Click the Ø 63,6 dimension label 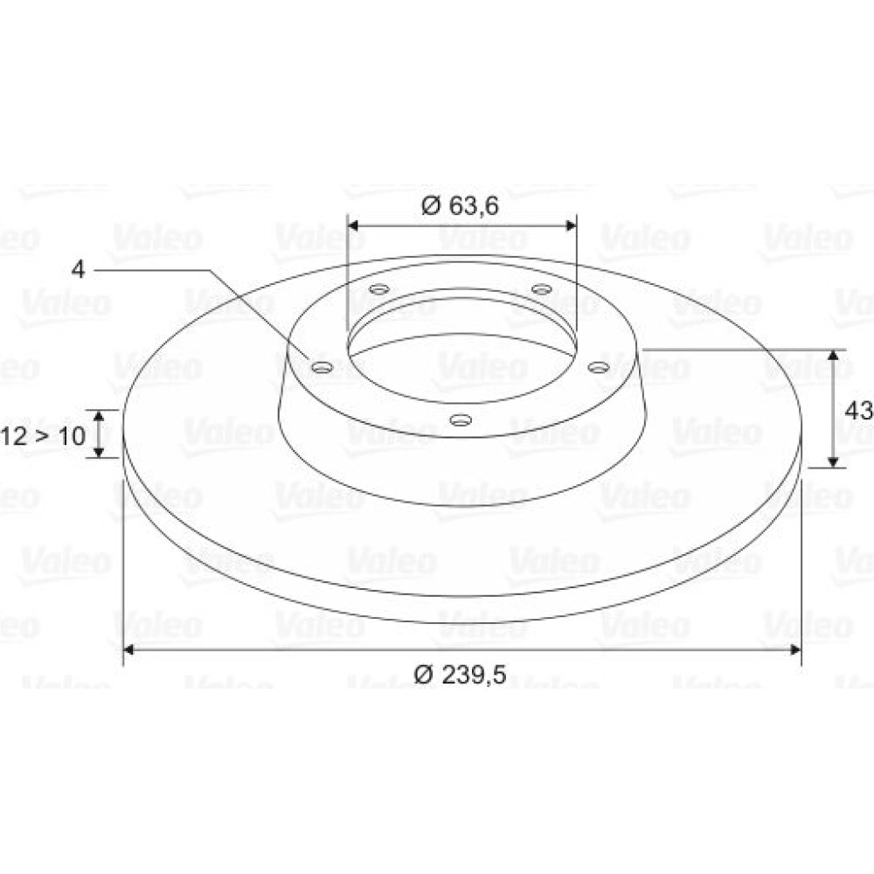pos(460,205)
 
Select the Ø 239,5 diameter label pos(460,675)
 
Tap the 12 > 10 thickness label pos(43,435)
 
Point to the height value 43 pos(859,412)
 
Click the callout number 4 pos(79,270)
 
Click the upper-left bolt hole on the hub pos(379,289)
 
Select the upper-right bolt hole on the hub pos(542,288)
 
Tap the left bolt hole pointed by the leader pos(323,367)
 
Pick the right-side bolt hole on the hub pos(600,367)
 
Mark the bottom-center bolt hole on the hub pos(461,420)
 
